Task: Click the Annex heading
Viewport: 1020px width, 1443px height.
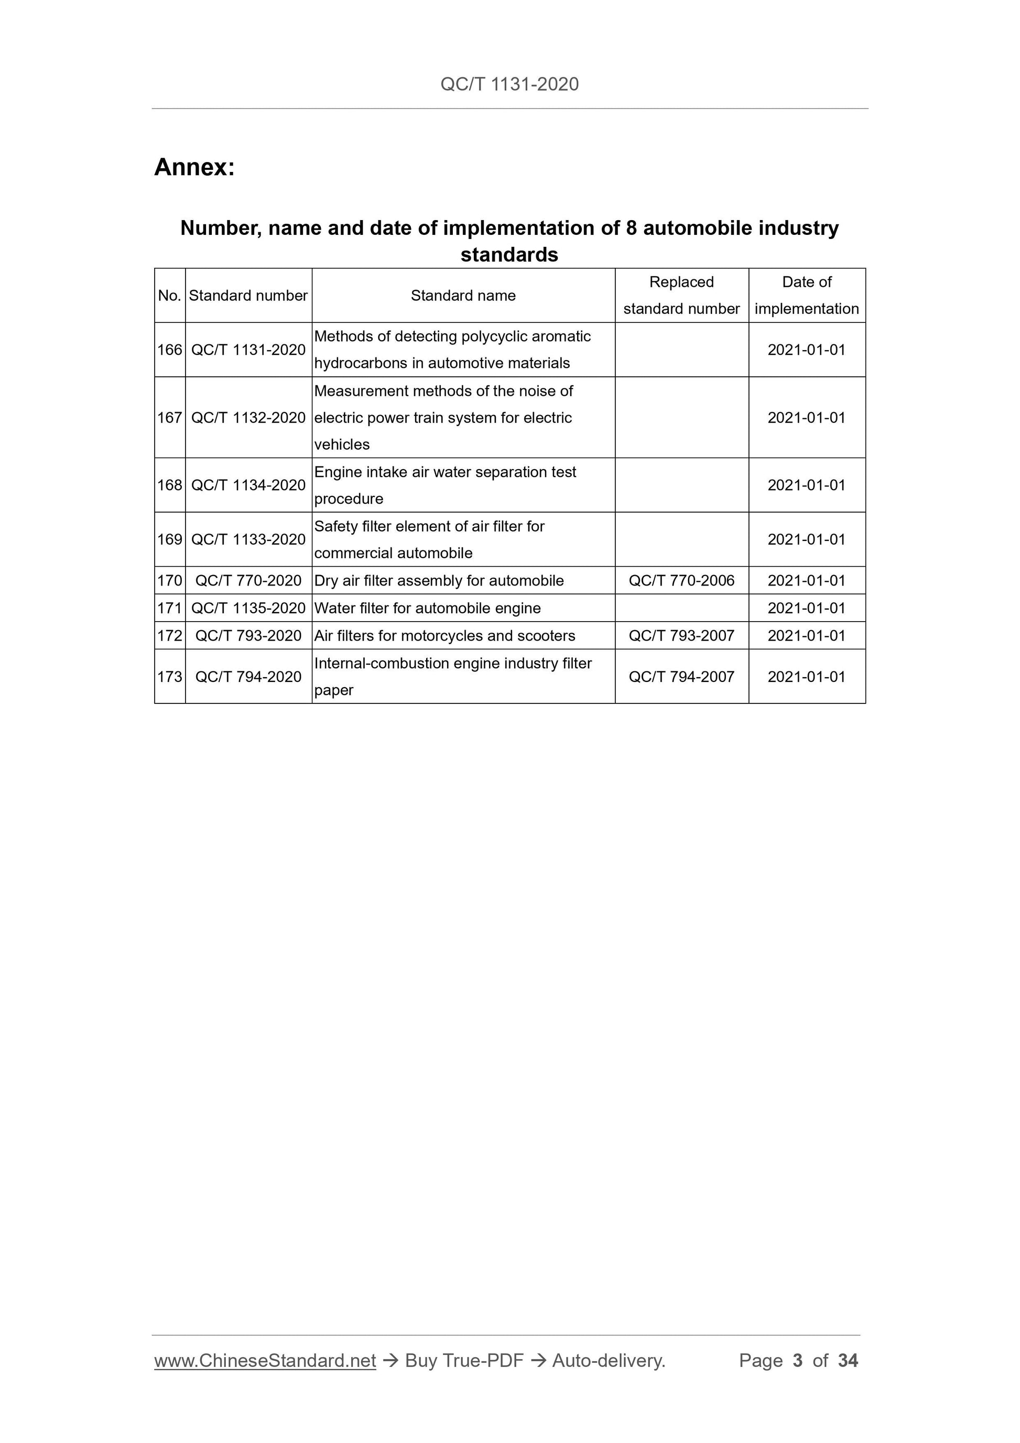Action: click(x=194, y=167)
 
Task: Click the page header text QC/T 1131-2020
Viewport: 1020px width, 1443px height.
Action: click(x=509, y=84)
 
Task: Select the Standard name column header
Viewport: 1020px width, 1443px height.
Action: click(x=463, y=296)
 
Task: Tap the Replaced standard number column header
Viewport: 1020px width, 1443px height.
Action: click(x=681, y=296)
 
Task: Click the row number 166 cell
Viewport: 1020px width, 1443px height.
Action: click(x=170, y=350)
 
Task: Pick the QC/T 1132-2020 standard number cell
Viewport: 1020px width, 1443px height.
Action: click(x=248, y=418)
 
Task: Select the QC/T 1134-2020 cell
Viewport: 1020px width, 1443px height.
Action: click(x=248, y=485)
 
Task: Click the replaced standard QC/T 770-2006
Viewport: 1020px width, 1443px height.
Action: click(x=681, y=581)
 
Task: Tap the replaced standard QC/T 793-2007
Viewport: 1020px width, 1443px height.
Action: click(x=681, y=636)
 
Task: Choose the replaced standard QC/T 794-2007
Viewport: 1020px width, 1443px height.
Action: click(x=681, y=677)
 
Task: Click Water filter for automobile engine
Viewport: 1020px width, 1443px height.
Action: click(x=427, y=609)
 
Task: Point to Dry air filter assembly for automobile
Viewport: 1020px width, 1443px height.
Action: click(x=439, y=581)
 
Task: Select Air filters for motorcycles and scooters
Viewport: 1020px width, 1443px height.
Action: click(x=444, y=636)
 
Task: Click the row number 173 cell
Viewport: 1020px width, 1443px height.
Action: click(x=170, y=677)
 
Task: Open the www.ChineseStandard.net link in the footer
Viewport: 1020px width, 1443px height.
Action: click(x=265, y=1361)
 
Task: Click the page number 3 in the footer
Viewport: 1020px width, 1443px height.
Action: click(x=798, y=1361)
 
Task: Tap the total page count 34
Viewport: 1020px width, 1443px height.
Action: click(x=848, y=1361)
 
